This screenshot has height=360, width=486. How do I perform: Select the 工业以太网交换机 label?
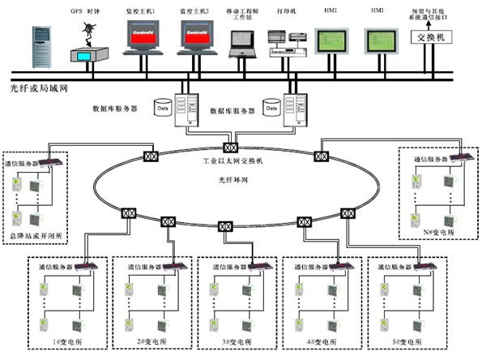[231, 162]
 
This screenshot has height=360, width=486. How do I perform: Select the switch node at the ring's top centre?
[231, 148]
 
